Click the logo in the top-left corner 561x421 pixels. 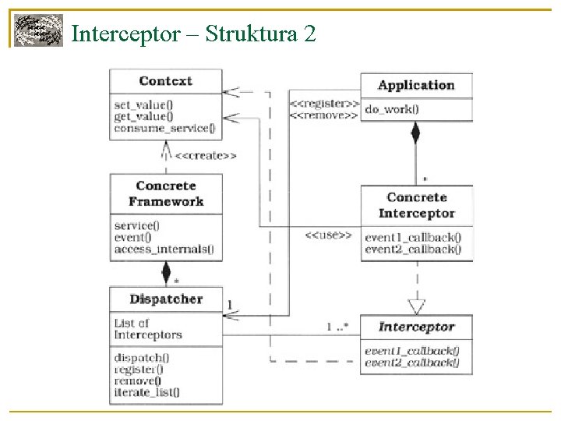pyautogui.click(x=38, y=31)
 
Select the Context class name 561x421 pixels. pyautogui.click(x=165, y=81)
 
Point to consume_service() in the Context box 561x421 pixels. pyautogui.click(x=164, y=129)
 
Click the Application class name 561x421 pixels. pyautogui.click(x=416, y=86)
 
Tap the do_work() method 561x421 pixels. pyautogui.click(x=391, y=109)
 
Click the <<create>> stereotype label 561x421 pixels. pyautogui.click(x=206, y=156)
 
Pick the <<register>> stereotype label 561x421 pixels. pyautogui.click(x=324, y=104)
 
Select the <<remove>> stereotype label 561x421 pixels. pyautogui.click(x=324, y=115)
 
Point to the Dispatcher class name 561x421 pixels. pyautogui.click(x=165, y=299)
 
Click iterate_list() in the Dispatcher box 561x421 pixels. pyautogui.click(x=146, y=392)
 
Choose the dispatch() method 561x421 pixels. pyautogui.click(x=142, y=358)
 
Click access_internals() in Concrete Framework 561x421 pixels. pyautogui.click(x=163, y=249)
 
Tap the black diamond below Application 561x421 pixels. pyautogui.click(x=416, y=133)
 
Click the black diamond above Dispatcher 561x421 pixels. pyautogui.click(x=165, y=272)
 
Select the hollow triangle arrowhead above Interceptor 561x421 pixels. pyautogui.click(x=417, y=306)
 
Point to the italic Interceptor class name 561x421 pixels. pyautogui.click(x=416, y=327)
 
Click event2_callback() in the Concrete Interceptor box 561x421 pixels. pyautogui.click(x=412, y=249)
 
